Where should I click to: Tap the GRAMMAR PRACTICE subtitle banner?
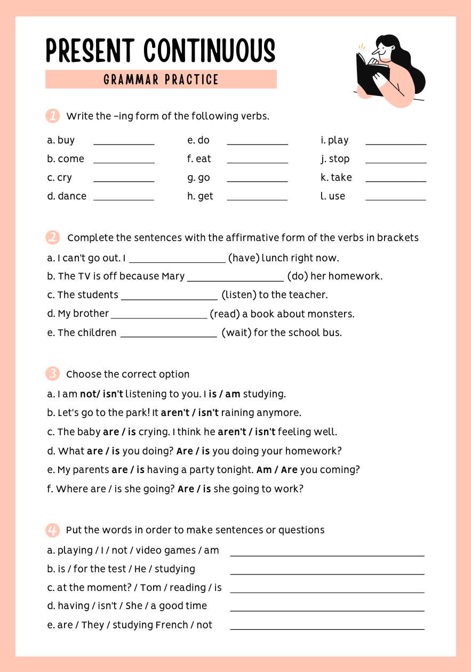tap(161, 79)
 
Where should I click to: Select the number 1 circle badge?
tap(53, 116)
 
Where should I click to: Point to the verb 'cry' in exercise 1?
tap(65, 178)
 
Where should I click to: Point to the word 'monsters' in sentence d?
tap(332, 314)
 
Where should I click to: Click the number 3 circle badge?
tap(53, 374)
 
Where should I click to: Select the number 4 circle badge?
tap(53, 530)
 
